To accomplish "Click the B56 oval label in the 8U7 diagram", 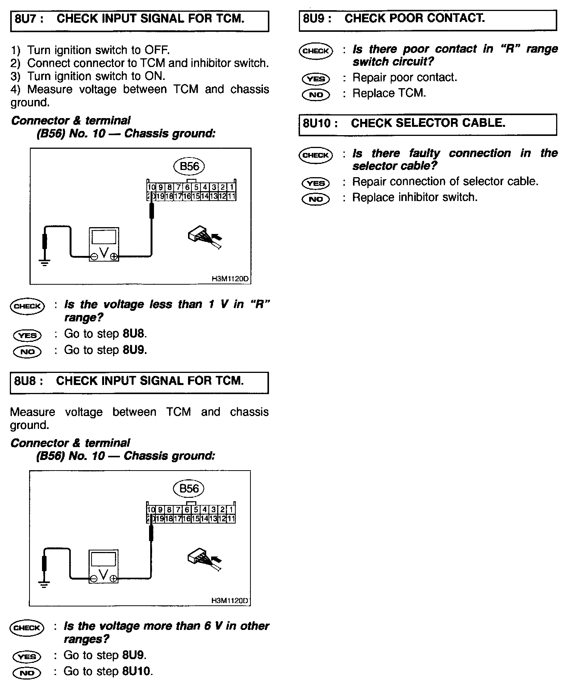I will coord(189,166).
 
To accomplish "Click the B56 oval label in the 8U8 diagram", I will coord(188,488).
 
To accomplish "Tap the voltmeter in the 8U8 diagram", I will coord(103,567).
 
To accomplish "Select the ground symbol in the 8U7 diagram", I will coord(45,262).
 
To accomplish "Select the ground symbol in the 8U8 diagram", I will coord(44,584).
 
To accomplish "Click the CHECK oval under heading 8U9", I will coord(316,51).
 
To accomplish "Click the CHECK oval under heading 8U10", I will coord(316,155).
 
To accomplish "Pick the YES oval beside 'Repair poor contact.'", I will coord(316,79).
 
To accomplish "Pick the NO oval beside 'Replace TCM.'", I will coord(316,94).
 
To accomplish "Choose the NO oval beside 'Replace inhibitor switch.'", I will coord(316,199).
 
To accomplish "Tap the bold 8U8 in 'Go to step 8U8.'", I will coord(134,334).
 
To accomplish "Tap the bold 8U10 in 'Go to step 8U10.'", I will coord(136,671).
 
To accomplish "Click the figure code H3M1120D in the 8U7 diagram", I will coord(230,279).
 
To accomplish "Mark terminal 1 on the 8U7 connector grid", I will coord(232,187).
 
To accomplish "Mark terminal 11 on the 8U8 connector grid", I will coord(231,519).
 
